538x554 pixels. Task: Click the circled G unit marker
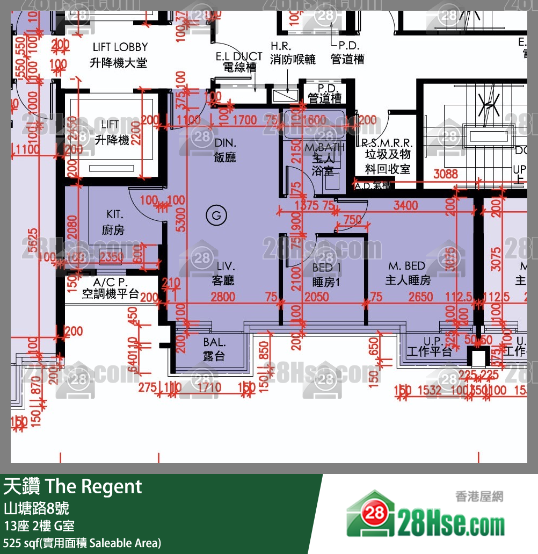216,216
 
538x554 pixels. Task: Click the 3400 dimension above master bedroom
405,205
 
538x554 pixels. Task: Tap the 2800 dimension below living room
222,297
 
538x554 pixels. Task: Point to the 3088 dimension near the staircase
446,174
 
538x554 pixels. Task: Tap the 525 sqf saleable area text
82,543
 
